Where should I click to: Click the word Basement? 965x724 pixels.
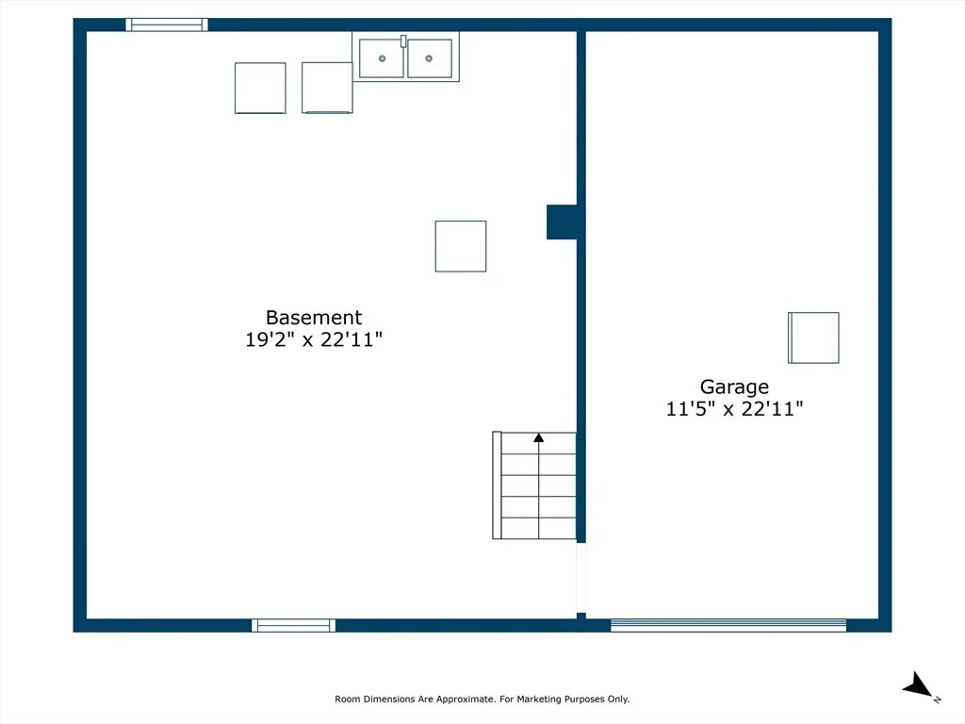314,318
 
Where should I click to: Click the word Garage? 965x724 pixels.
734,387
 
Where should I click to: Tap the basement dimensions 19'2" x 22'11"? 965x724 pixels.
314,339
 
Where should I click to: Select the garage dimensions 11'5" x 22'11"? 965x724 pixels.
734,409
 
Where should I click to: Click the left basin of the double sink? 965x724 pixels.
382,58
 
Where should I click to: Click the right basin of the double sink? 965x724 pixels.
430,58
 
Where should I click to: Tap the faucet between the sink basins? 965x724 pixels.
403,41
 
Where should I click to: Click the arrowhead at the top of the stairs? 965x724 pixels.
538,437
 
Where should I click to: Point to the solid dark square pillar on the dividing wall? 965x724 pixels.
562,222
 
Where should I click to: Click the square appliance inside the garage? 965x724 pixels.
813,338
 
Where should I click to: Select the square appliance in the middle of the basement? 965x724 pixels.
461,246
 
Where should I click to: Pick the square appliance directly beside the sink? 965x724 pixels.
327,88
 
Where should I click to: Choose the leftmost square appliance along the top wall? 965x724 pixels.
260,88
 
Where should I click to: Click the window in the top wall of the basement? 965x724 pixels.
167,25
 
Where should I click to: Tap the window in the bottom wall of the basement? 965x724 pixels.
294,626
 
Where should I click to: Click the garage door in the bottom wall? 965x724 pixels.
728,626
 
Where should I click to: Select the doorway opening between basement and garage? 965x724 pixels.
581,578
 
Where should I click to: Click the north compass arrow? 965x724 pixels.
918,685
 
